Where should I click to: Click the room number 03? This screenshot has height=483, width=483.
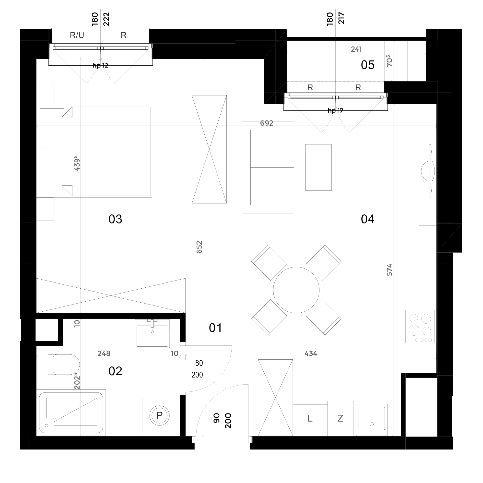click(x=115, y=219)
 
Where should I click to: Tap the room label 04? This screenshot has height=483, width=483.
click(x=367, y=219)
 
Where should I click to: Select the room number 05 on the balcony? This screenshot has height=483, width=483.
click(x=367, y=65)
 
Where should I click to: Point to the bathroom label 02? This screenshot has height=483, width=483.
click(x=115, y=371)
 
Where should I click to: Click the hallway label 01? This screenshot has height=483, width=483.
click(x=215, y=328)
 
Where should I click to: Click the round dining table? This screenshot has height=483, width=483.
click(x=296, y=290)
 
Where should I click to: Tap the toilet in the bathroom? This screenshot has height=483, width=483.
click(x=64, y=364)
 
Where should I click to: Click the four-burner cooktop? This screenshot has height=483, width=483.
click(x=420, y=327)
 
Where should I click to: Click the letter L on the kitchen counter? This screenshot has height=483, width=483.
click(x=310, y=418)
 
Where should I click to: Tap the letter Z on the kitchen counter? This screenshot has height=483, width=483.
click(x=340, y=418)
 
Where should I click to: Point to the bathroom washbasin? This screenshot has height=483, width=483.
click(x=152, y=333)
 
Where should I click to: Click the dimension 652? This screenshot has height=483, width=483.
click(x=199, y=247)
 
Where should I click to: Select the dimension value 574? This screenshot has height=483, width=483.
click(x=389, y=270)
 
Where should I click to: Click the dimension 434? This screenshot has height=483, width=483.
click(x=311, y=353)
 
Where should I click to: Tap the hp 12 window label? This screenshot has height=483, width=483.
click(x=100, y=66)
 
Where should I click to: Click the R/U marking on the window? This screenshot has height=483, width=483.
click(x=77, y=35)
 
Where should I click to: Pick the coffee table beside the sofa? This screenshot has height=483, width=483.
click(x=318, y=167)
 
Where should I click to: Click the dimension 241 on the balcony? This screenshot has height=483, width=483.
click(x=356, y=49)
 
